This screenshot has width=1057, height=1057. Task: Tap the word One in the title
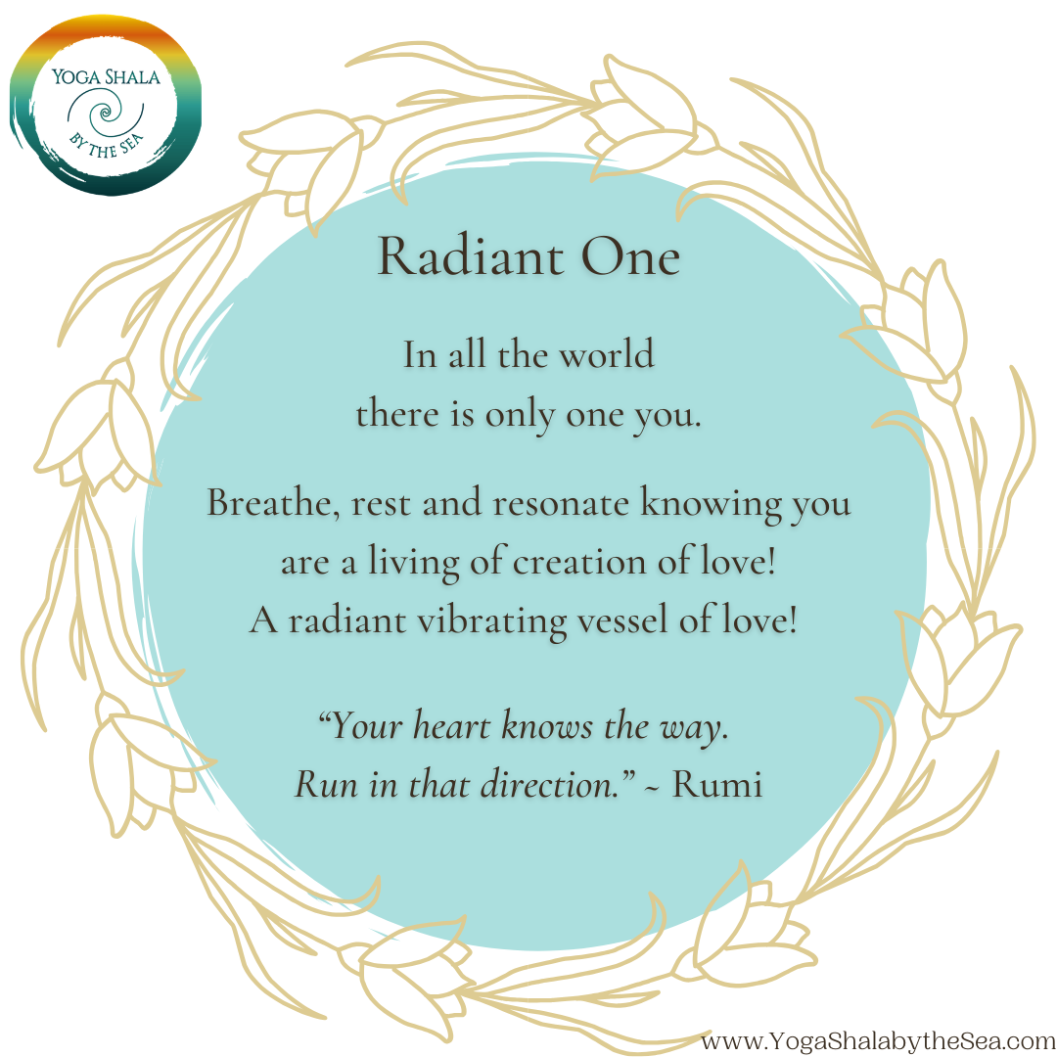630,256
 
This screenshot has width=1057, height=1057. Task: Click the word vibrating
492,621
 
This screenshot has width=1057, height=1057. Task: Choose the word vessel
622,620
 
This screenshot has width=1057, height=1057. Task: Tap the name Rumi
717,785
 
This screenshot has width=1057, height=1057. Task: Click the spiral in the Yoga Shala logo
105,114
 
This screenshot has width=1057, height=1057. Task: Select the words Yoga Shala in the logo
107,76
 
